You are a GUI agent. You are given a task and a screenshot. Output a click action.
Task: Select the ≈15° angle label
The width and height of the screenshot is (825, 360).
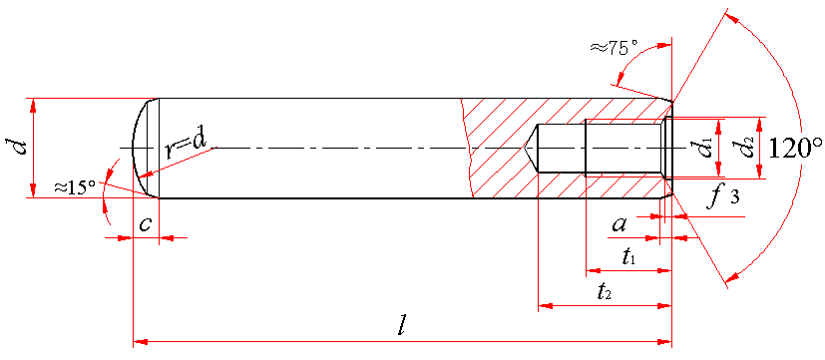[x=74, y=185]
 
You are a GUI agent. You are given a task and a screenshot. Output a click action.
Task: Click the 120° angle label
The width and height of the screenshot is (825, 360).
[x=793, y=148]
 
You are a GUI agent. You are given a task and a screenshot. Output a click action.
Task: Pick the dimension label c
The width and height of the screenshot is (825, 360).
[x=146, y=224]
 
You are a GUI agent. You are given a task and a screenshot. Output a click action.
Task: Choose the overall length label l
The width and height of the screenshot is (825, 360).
[x=401, y=327]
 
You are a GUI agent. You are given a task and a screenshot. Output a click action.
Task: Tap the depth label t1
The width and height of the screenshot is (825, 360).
[x=629, y=257]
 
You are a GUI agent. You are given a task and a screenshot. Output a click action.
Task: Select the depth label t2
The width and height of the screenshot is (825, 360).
[x=603, y=291]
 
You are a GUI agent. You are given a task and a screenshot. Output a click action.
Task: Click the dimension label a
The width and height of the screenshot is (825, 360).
[x=619, y=225]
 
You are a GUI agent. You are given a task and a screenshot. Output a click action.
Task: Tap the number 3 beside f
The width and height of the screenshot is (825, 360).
[x=734, y=197]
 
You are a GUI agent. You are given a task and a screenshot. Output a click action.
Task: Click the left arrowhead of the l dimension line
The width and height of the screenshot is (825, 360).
[x=140, y=342]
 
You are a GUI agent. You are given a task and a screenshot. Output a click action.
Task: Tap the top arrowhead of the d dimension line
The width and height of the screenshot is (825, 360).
[x=33, y=105]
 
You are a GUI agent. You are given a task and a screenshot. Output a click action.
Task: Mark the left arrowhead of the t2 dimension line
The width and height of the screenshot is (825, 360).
[x=545, y=305]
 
